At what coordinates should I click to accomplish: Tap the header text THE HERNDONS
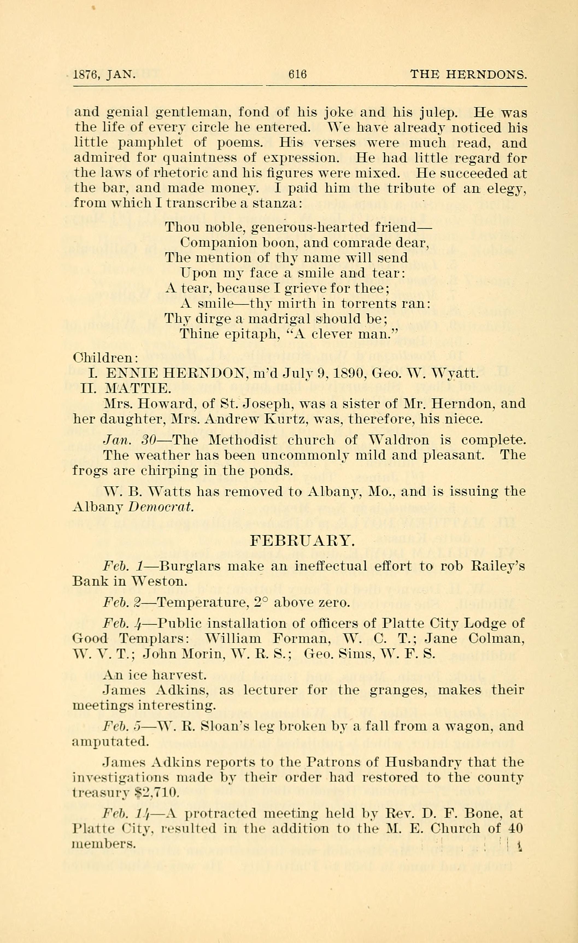tap(468, 73)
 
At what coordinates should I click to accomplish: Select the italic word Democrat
tap(161, 507)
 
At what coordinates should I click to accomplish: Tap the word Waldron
tap(399, 440)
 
